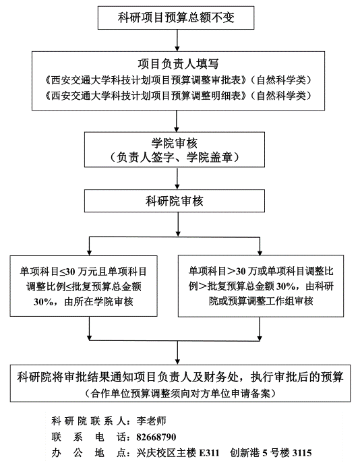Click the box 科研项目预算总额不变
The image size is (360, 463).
[176, 18]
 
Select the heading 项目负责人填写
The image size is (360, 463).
[178, 63]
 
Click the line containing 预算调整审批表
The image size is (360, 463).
[178, 80]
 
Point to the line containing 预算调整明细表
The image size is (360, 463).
[178, 96]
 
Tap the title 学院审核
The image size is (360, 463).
[174, 143]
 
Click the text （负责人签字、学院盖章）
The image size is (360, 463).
[174, 158]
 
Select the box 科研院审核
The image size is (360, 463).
[175, 201]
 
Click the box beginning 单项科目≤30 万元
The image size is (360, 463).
[84, 286]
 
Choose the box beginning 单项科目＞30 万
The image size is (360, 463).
[261, 286]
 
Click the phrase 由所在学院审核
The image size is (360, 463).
[98, 302]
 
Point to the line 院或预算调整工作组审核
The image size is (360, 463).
[261, 301]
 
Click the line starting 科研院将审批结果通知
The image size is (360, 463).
[180, 377]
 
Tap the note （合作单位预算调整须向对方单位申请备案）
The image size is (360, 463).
[180, 394]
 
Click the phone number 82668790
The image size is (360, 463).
[156, 437]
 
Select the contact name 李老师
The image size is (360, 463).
[151, 421]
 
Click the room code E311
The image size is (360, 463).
[210, 453]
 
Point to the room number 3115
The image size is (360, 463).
[302, 453]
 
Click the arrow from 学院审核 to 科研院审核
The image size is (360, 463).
[177, 179]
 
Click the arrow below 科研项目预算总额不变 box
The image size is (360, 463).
[177, 40]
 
